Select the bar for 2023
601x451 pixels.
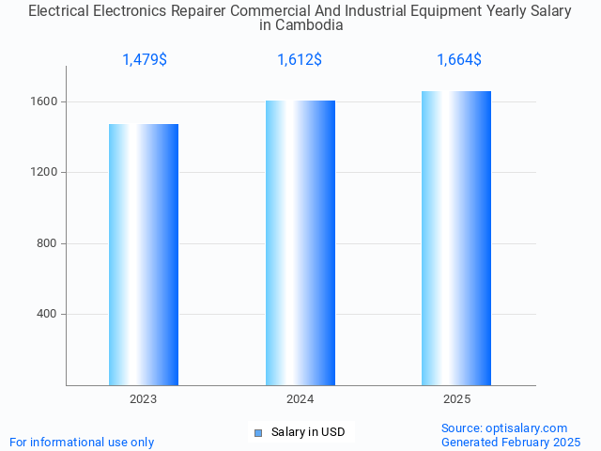pos(144,255)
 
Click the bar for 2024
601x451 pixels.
pos(300,242)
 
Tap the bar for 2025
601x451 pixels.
pos(457,238)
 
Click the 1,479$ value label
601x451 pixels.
pos(145,60)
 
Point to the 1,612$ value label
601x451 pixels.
pos(300,60)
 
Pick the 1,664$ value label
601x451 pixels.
pos(459,60)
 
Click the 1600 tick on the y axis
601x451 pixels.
pos(48,101)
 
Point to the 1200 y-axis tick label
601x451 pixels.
pos(48,173)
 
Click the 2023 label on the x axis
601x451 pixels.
pos(144,399)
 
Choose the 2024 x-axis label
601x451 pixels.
pos(300,399)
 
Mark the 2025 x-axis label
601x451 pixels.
pos(457,399)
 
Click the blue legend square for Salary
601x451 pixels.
pos(259,432)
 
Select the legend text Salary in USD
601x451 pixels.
pos(308,432)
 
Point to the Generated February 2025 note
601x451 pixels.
pos(511,442)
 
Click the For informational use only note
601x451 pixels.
pos(82,442)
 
